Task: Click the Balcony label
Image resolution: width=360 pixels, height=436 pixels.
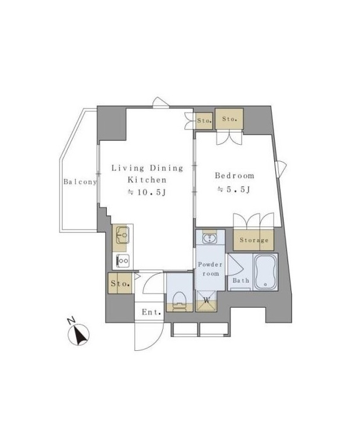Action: click(x=80, y=182)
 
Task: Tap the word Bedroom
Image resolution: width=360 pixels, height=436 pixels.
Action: click(x=235, y=176)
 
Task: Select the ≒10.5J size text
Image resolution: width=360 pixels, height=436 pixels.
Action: click(x=147, y=192)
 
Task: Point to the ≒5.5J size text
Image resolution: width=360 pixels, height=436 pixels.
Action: click(x=234, y=189)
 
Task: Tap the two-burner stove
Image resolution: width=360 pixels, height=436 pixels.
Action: click(x=123, y=261)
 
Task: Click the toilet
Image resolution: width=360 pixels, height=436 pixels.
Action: click(x=179, y=301)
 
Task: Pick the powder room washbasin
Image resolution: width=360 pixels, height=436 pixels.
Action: click(x=210, y=239)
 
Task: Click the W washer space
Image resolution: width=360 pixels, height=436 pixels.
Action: click(x=206, y=301)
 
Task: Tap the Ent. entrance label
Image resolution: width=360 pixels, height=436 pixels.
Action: click(x=151, y=312)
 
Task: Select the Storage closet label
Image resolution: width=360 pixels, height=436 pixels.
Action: click(x=254, y=240)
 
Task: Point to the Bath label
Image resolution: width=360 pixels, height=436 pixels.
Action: click(x=241, y=280)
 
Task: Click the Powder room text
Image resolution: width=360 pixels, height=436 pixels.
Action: click(x=210, y=269)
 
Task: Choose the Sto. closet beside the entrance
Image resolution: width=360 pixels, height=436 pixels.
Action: click(x=120, y=283)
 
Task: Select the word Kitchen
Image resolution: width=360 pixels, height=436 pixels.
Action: click(x=147, y=180)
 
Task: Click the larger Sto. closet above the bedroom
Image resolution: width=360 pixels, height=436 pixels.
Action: click(x=229, y=119)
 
